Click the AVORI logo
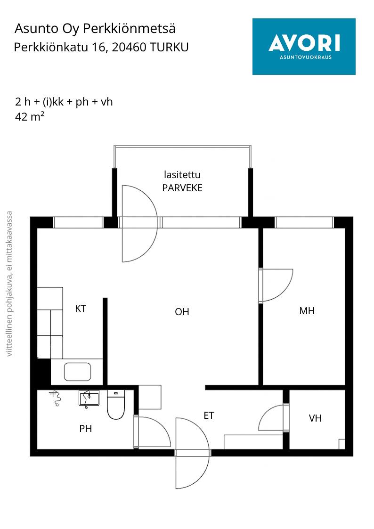click(304, 47)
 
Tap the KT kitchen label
click(81, 309)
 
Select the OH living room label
click(182, 312)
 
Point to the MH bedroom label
click(307, 311)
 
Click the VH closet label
click(315, 418)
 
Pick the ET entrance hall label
click(209, 415)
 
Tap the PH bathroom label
click(86, 429)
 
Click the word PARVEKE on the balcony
click(182, 188)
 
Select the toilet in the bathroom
click(116, 405)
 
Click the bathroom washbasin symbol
click(89, 398)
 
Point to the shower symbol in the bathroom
click(56, 398)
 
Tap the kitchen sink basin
click(77, 372)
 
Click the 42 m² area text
click(30, 117)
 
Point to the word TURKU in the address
click(169, 47)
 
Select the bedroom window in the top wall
click(305, 223)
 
